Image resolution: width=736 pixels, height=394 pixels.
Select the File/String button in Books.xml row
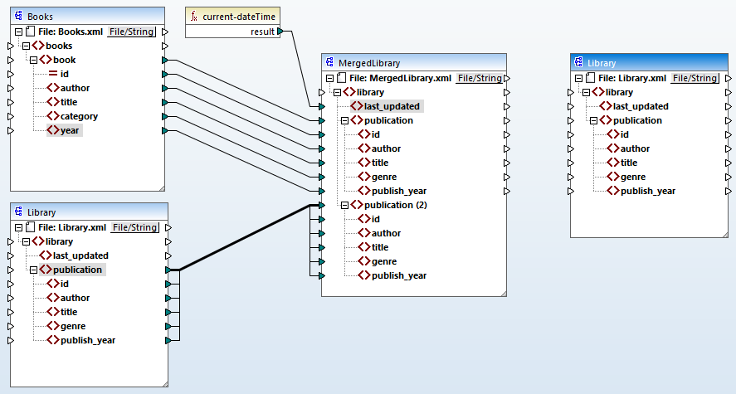point(132,32)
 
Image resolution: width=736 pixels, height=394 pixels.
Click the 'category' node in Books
point(78,116)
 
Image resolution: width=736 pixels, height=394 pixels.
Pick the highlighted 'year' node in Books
point(70,130)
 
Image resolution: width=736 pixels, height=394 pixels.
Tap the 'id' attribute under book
point(64,74)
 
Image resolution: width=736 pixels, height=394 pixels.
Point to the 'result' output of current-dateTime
point(263,32)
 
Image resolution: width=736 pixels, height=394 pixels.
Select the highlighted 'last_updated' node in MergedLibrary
point(391,106)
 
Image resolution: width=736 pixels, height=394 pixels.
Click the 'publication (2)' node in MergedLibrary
point(401,205)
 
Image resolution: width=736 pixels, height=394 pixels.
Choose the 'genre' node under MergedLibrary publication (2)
point(384,261)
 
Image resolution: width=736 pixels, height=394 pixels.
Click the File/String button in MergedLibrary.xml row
point(480,78)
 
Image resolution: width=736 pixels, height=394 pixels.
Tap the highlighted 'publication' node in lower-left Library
point(77,270)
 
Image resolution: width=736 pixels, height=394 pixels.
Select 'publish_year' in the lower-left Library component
point(87,340)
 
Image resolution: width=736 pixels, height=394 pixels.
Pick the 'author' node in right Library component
point(635,148)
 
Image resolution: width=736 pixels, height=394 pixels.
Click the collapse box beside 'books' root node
point(26,46)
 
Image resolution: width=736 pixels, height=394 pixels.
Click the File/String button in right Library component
point(695,78)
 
